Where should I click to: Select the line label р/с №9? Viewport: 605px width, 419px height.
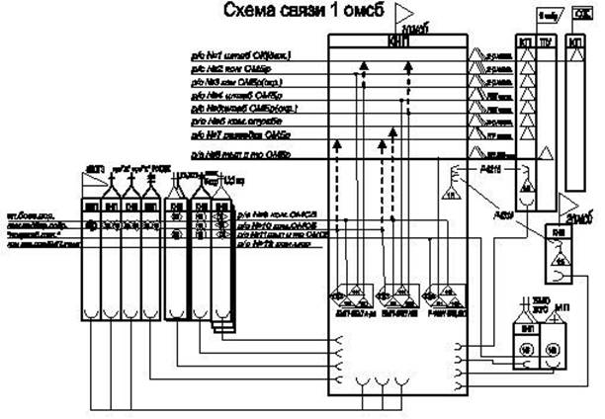click(257, 212)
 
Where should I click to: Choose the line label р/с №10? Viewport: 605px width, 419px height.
click(257, 223)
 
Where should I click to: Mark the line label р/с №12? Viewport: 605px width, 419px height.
click(257, 245)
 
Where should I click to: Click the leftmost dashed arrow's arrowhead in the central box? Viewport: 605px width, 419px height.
click(338, 144)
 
